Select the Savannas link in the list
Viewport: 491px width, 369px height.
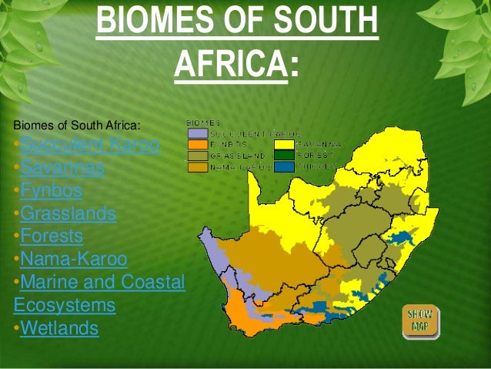[x=62, y=166]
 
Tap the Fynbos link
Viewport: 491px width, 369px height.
[x=51, y=190]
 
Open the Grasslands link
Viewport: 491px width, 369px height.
[x=68, y=213]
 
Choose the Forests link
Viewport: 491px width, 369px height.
[x=52, y=236]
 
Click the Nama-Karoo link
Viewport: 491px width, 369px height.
[x=74, y=259]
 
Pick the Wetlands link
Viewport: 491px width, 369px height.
[x=59, y=328]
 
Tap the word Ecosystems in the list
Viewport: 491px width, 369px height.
[x=64, y=305]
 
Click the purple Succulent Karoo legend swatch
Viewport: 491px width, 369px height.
[x=197, y=133]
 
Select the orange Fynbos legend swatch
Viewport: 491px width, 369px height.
[x=197, y=143]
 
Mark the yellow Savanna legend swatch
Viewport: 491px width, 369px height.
[x=285, y=143]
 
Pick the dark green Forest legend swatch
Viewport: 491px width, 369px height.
[x=285, y=154]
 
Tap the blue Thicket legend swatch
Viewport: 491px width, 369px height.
[x=285, y=165]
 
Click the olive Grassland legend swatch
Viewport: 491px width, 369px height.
[x=197, y=154]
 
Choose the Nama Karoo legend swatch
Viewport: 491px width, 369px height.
[x=197, y=165]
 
